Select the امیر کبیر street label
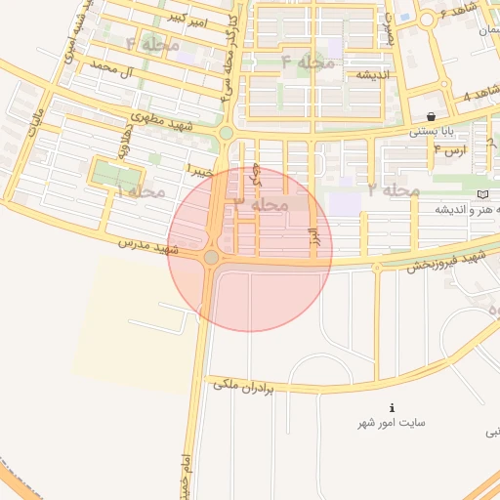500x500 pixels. (185, 20)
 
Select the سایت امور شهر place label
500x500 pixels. (393, 424)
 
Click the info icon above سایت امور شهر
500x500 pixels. (392, 407)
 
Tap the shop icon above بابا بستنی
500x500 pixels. (431, 116)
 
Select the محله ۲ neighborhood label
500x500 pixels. (395, 188)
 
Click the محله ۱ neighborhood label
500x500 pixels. (139, 190)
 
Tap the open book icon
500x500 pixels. (482, 194)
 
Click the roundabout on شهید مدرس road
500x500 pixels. (212, 257)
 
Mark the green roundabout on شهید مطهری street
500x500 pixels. (226, 133)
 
